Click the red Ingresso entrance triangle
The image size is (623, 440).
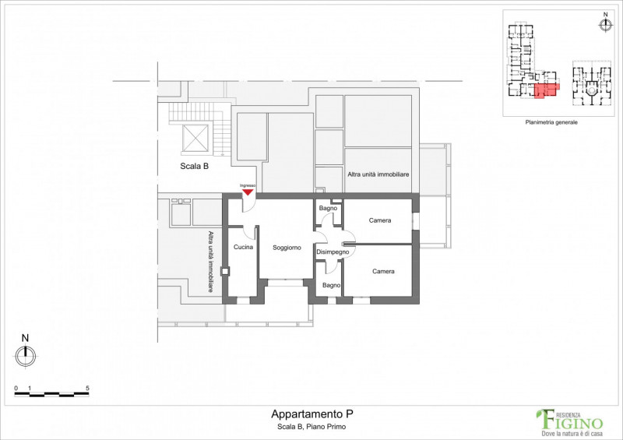click(x=248, y=192)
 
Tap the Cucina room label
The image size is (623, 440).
click(x=243, y=247)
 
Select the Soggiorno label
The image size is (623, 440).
click(x=287, y=248)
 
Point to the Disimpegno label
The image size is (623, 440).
click(x=333, y=252)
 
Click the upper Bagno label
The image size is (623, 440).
click(x=328, y=208)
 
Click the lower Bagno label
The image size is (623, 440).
click(x=332, y=285)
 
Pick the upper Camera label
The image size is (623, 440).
click(x=380, y=220)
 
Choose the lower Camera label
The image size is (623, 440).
click(x=383, y=272)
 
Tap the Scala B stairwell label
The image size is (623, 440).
click(x=194, y=166)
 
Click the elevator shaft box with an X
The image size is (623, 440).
click(x=195, y=139)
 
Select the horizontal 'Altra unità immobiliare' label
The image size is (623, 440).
click(x=378, y=174)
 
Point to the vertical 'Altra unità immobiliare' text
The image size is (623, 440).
click(x=210, y=262)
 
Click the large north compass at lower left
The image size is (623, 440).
click(x=26, y=356)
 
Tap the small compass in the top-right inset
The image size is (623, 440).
click(x=606, y=25)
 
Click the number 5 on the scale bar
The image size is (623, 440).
click(x=87, y=389)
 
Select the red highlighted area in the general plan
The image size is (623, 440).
click(x=547, y=90)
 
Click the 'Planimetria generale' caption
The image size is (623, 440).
click(x=551, y=122)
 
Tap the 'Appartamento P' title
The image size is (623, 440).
click(x=312, y=414)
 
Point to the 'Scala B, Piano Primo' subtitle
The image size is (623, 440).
click(x=311, y=427)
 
